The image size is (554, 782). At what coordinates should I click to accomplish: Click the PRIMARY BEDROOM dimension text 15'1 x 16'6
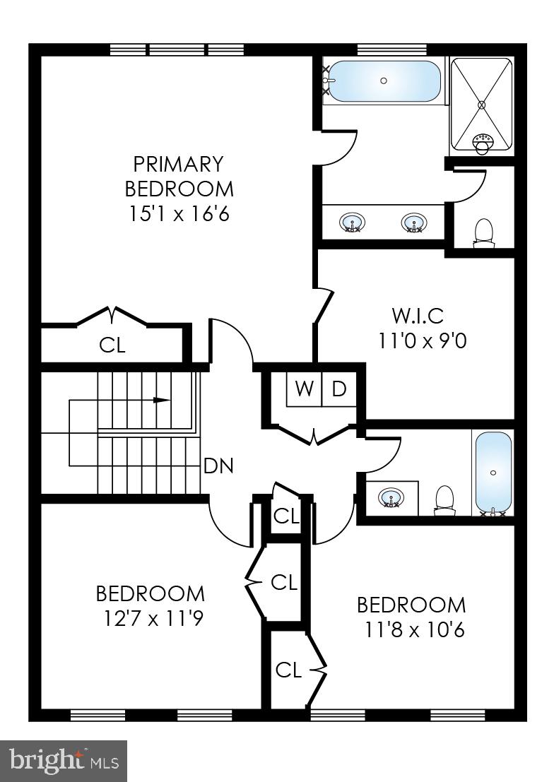[179, 213]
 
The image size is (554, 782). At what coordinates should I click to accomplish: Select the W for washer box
[305, 389]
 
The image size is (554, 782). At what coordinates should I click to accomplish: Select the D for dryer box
[338, 389]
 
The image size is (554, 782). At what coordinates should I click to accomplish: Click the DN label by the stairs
[218, 466]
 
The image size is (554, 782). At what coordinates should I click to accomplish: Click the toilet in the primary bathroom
[483, 232]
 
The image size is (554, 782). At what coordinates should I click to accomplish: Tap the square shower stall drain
[482, 105]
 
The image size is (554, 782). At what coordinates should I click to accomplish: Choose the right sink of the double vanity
[413, 224]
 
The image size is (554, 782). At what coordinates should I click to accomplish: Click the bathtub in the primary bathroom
[384, 81]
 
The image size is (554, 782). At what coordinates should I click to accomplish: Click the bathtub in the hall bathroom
[493, 472]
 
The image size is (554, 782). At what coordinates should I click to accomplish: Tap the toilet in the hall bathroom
[444, 498]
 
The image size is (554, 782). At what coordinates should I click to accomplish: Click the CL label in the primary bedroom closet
[112, 345]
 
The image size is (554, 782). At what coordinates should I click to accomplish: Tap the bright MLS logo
[64, 761]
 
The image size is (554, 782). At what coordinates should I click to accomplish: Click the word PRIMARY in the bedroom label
[179, 164]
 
